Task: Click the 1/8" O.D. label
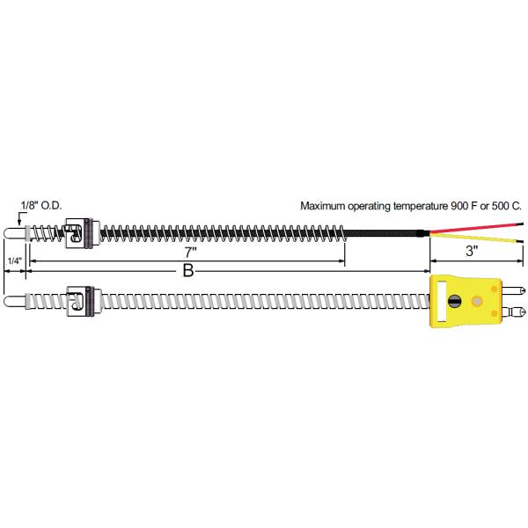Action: point(41,205)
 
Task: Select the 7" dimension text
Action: point(191,253)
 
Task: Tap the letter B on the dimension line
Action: point(188,270)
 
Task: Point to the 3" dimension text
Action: point(472,251)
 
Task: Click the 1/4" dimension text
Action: point(14,260)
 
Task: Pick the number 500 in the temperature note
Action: point(501,206)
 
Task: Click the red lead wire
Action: point(476,227)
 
